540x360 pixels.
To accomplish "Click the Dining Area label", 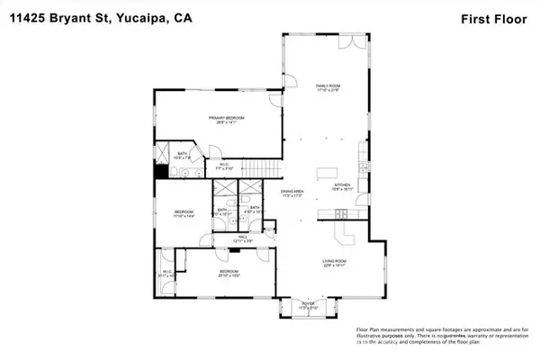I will [293, 193].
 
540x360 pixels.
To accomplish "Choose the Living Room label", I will [336, 265].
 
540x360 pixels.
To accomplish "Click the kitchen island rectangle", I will [325, 172].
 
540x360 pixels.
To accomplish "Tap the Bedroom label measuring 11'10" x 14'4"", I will [184, 215].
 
